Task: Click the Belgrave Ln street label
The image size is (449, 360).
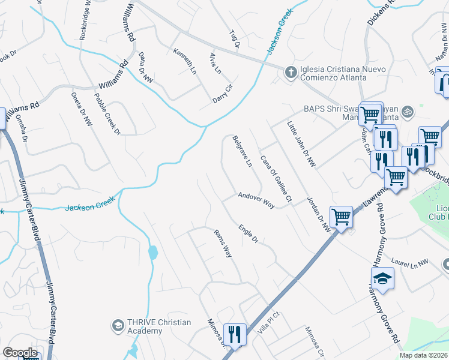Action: point(241,151)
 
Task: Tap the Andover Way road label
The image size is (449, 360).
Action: point(256,200)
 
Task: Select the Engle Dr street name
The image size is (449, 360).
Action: point(247,233)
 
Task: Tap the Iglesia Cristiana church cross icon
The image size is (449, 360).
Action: point(291,72)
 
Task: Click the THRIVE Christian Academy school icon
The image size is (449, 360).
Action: point(118,326)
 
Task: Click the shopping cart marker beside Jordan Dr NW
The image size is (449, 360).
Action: point(341,217)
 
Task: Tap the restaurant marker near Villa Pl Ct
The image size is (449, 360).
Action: point(234,334)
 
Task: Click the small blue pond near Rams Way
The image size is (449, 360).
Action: point(152,252)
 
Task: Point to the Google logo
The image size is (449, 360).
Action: point(20,353)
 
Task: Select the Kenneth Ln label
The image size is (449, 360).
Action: point(185,61)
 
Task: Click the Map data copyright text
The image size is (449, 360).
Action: point(424,355)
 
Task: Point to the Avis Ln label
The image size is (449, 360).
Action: point(214,63)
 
